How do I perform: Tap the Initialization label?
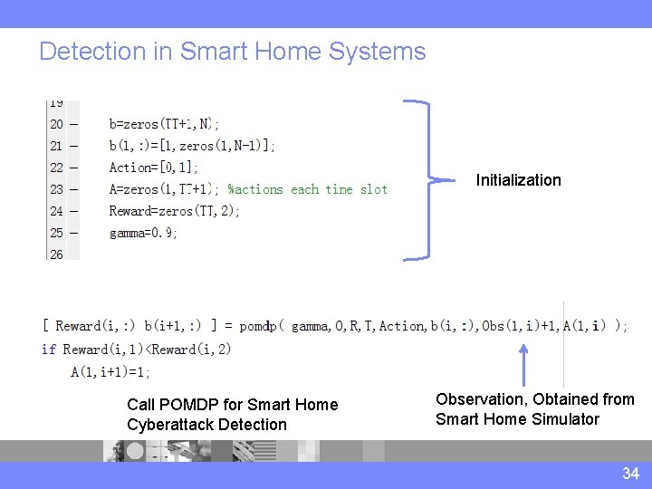pos(519,180)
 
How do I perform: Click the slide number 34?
pos(630,474)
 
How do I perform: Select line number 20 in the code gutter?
pos(56,124)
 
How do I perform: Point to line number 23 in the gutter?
pos(56,189)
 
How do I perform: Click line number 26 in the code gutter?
pos(56,254)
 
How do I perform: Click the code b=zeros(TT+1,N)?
pos(164,124)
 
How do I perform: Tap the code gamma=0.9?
pos(143,233)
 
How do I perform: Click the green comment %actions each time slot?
pos(308,189)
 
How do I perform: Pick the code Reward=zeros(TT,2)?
pos(175,211)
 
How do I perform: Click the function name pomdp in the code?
pos(258,326)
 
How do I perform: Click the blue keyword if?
pos(48,350)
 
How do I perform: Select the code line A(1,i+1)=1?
pos(110,371)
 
